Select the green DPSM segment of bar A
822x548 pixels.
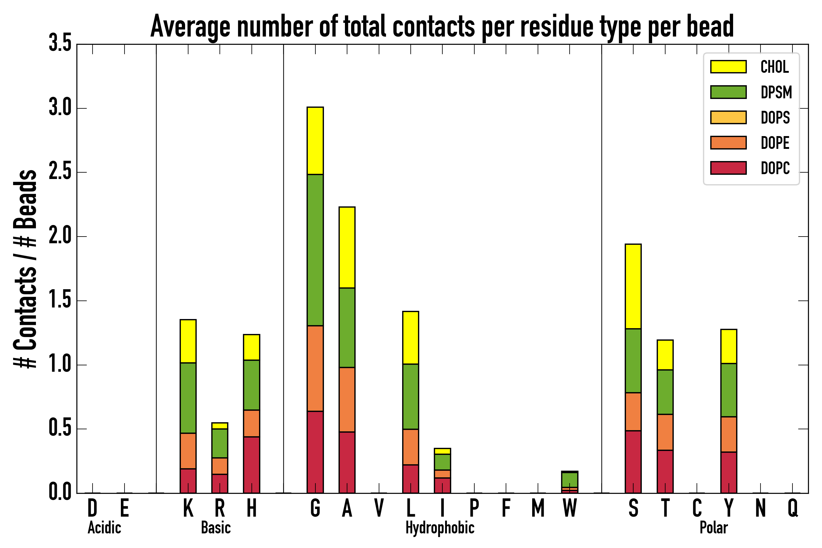point(347,328)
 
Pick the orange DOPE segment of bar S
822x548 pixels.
point(633,412)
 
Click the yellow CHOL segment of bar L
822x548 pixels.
point(410,338)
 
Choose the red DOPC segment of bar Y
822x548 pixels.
point(728,472)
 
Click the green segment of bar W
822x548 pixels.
point(569,479)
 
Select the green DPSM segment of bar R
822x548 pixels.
point(220,443)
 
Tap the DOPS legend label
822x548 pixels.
point(775,118)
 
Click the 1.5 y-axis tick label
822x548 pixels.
point(60,300)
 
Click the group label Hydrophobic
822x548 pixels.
point(440,528)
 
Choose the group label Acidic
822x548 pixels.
point(104,528)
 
